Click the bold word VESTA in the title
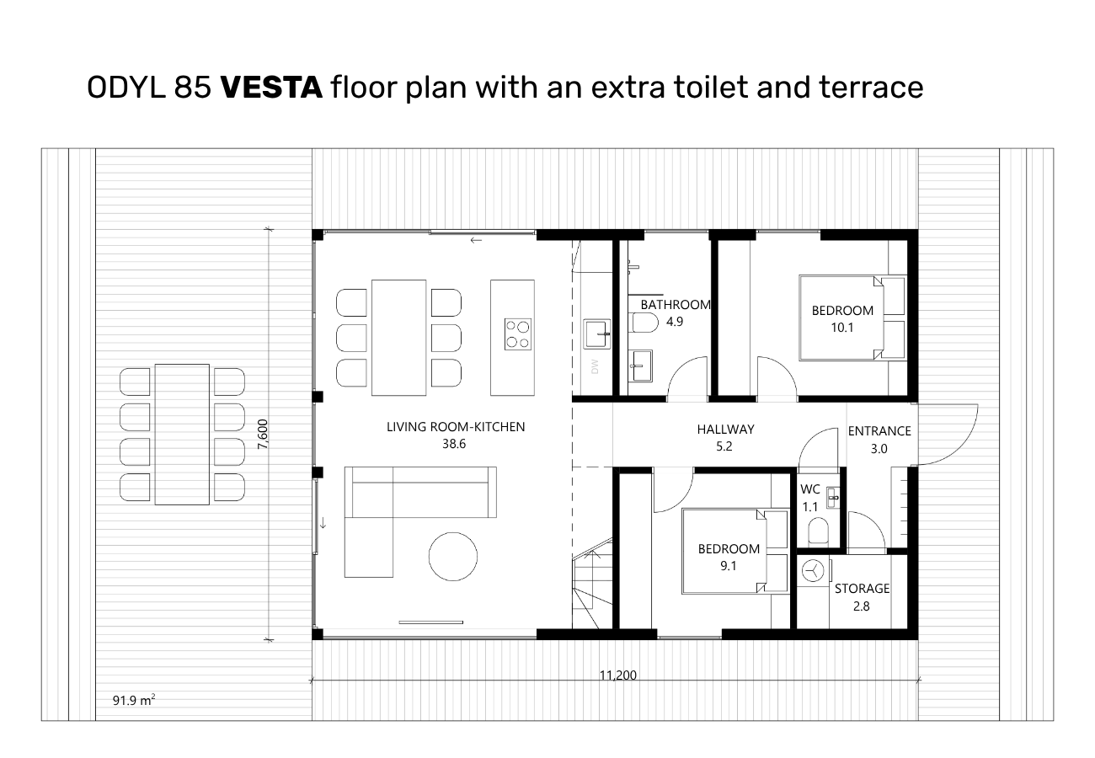pos(271,88)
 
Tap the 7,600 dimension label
pos(263,434)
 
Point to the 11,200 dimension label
pos(618,675)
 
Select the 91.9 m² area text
pos(134,700)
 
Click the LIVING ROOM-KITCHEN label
pos(456,427)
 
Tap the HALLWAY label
pos(725,429)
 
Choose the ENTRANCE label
pos(879,431)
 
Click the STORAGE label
pos(862,589)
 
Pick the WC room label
pos(810,488)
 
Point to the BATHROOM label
pos(676,305)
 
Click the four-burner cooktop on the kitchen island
pos(518,334)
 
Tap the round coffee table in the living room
pos(453,556)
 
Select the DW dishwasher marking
pos(595,366)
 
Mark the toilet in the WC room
pos(819,531)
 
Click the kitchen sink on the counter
pos(597,334)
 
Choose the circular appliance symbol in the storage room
pos(813,570)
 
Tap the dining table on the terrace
pos(182,434)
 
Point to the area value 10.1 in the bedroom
pos(842,328)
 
